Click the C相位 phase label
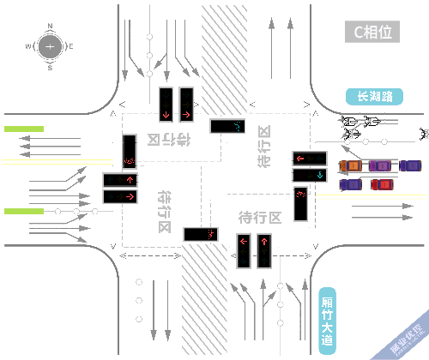pos(373,33)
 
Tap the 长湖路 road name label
pos(374,97)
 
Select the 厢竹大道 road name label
pos(326,316)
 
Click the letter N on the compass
pos(50,26)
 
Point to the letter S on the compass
pos(50,67)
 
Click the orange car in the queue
pos(352,165)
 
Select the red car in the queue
pos(381,183)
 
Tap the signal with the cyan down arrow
pos(309,175)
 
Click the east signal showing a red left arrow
pos(309,159)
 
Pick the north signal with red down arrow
pos(165,105)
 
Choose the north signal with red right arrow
pos(186,105)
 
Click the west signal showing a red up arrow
pos(120,180)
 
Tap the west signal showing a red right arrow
pos(120,196)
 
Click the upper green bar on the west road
pos(23,129)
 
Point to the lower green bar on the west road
pos(23,210)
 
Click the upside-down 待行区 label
pos(165,139)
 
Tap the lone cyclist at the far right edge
pos(422,132)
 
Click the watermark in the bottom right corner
pos(405,341)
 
